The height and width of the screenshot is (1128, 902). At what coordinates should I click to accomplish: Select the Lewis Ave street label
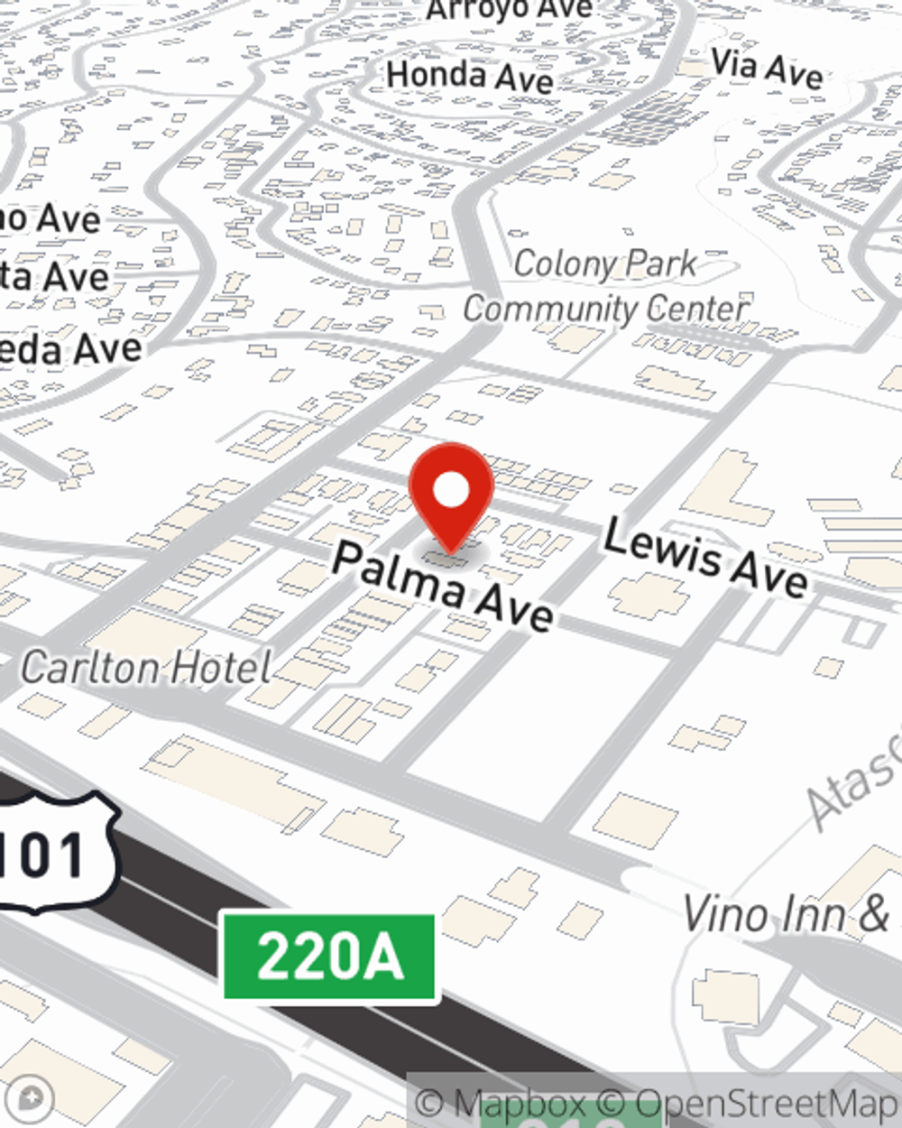(705, 557)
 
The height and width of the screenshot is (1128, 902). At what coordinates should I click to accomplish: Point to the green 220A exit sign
(329, 957)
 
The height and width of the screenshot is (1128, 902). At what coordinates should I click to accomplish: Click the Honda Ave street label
(470, 77)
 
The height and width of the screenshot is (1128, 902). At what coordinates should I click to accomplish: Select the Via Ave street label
(767, 68)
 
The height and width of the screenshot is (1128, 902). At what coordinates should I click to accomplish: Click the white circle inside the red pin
(452, 490)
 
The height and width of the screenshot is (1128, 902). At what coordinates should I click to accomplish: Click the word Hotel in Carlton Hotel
(221, 668)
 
